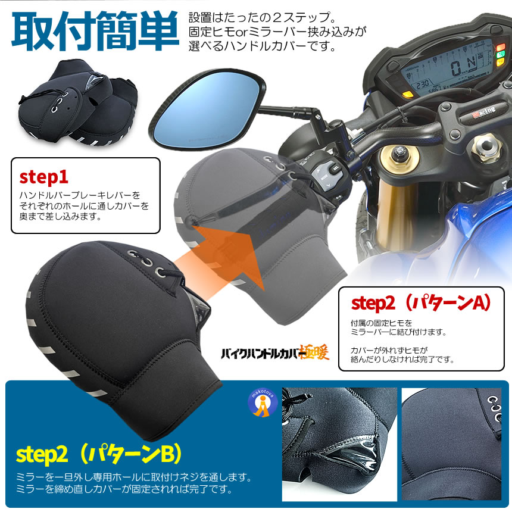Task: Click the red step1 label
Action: (x=44, y=177)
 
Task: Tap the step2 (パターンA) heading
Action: (x=420, y=302)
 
